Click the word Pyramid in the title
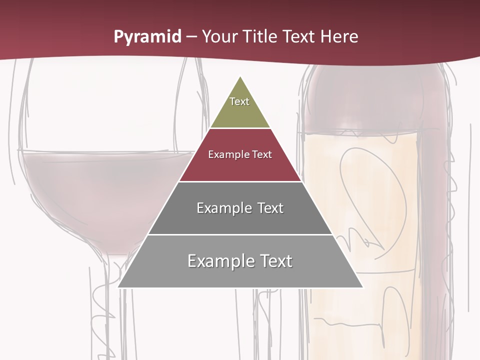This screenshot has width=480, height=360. point(147,37)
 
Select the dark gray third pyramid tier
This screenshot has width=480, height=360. point(240,220)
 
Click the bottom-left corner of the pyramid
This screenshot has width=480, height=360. point(119,287)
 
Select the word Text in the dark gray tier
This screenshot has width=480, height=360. point(270,208)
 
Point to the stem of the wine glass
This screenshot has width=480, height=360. point(117,300)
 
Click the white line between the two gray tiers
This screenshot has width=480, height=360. point(240,234)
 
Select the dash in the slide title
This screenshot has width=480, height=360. point(191,37)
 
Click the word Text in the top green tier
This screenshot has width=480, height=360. point(239,101)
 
